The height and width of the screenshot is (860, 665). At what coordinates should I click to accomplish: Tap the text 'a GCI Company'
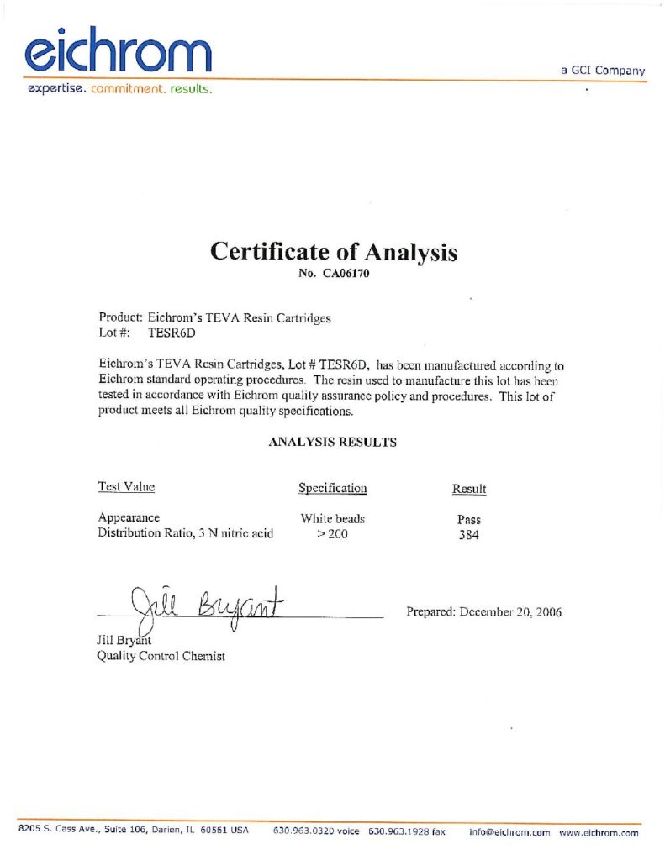coord(603,71)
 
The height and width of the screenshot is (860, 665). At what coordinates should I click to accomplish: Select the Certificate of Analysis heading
coord(333,251)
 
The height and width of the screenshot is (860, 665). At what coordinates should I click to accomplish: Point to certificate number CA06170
coord(334,273)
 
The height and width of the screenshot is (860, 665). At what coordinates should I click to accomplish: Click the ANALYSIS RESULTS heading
coord(332,442)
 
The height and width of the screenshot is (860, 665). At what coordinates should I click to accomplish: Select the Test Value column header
coord(126,487)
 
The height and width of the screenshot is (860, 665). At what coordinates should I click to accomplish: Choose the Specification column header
coord(332,488)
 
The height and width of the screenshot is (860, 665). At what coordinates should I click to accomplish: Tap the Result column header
coord(469,489)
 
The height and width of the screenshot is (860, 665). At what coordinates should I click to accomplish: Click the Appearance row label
coord(129,517)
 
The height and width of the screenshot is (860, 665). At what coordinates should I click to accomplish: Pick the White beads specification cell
coord(332,519)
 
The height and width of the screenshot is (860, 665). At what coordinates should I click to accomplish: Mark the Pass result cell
coord(468,520)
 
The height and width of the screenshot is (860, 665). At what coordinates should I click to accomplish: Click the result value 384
coord(468,535)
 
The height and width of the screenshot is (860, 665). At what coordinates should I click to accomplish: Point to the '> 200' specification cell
coord(332,534)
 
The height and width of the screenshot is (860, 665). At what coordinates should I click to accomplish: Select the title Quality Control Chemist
coord(161,657)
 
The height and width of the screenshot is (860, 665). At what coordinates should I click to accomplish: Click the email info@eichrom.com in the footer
coord(509,831)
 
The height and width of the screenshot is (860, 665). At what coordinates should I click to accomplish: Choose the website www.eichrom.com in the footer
coord(599,831)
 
